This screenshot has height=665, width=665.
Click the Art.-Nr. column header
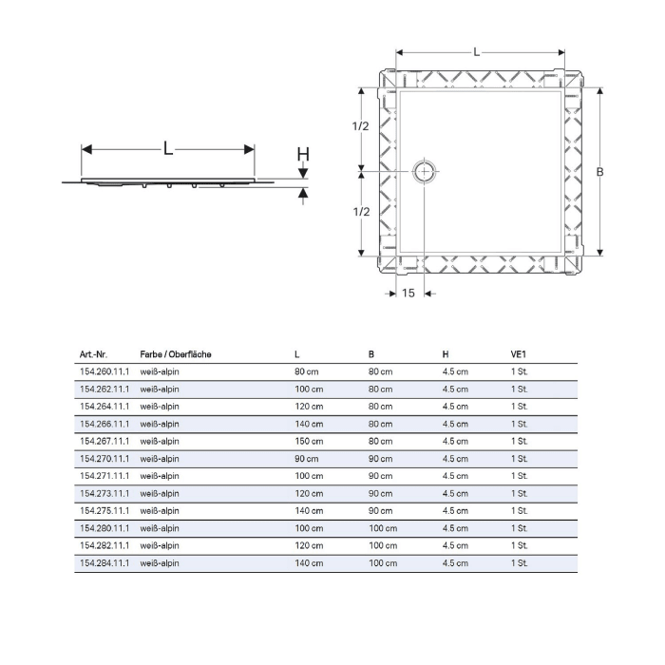point(96,354)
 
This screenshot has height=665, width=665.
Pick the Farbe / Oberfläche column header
point(175,354)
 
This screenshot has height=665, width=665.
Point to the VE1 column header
point(518,354)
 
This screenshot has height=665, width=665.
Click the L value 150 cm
point(309,441)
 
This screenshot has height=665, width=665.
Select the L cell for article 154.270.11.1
point(307,459)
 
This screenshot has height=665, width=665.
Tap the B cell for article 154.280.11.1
point(382,528)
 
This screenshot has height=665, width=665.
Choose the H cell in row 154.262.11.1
point(455,389)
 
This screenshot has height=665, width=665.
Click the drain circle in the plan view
point(424,172)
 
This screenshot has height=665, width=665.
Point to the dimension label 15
point(407,294)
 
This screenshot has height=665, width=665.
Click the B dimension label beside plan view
point(599,172)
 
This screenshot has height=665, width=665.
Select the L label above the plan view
point(477,52)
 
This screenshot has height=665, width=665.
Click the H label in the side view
point(302,155)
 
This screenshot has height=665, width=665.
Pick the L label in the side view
point(168,148)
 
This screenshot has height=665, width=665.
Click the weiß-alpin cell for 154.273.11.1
point(160,494)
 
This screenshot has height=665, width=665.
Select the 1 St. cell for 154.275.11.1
point(519,511)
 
